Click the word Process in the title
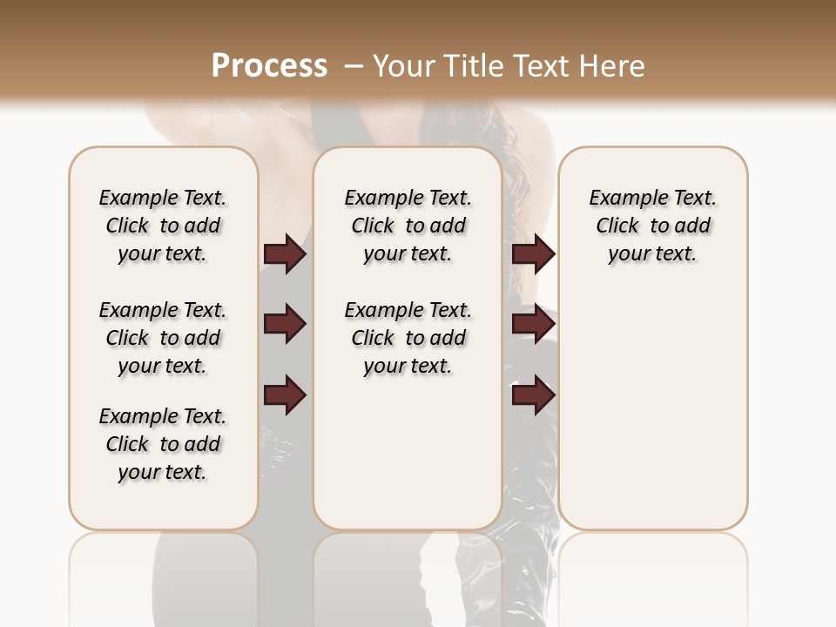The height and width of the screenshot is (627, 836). [269, 66]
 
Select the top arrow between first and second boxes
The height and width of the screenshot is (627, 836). [285, 254]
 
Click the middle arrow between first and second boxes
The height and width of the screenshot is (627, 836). [285, 325]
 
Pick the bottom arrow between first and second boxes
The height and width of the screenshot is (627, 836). [285, 395]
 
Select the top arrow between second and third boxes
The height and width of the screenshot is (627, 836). [533, 254]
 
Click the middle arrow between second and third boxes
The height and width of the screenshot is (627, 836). [533, 325]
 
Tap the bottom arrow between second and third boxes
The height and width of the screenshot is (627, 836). [533, 395]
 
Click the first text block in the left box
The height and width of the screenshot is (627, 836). [163, 226]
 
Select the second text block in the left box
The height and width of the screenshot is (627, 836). [163, 338]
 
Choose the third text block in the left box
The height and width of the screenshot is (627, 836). [163, 444]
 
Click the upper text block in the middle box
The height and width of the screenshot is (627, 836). [408, 226]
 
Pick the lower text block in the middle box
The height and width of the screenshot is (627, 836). [408, 338]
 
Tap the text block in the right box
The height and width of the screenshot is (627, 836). [652, 226]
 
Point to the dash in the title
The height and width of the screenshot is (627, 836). [354, 66]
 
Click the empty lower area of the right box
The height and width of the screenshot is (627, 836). [652, 418]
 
